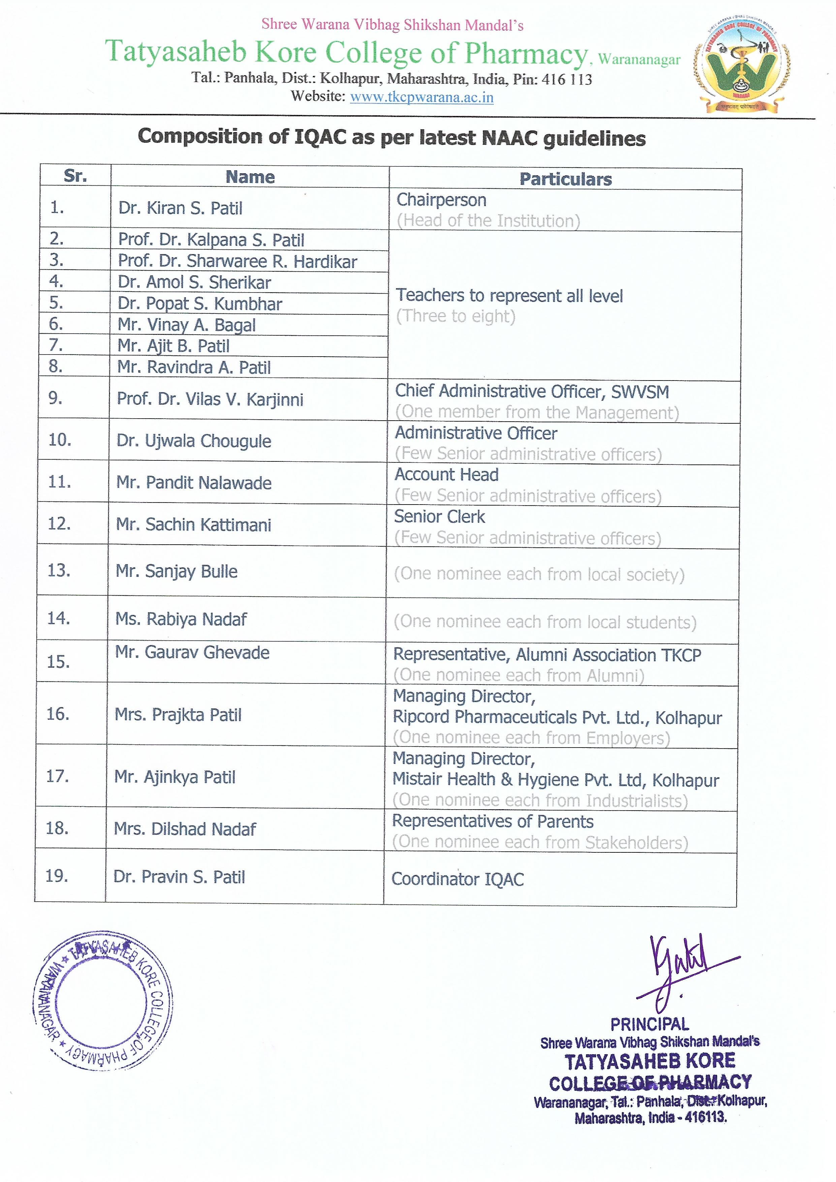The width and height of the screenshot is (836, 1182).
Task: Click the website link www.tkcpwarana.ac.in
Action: pos(422,97)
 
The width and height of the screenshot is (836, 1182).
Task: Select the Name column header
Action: pos(250,177)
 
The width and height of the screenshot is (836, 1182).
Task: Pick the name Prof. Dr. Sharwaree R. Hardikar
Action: pos(237,262)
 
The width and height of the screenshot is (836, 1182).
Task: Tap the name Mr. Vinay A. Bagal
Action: pos(186,325)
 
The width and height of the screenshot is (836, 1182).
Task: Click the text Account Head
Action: pos(446,475)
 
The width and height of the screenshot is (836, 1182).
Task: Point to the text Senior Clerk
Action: pos(439,516)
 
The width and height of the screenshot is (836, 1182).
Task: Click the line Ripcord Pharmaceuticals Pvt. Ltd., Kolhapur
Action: pos(557,717)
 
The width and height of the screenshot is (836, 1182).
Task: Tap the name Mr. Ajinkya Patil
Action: pos(175,777)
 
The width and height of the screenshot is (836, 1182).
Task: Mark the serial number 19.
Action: pos(57,876)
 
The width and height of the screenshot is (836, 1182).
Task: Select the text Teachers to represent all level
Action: pos(508,296)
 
